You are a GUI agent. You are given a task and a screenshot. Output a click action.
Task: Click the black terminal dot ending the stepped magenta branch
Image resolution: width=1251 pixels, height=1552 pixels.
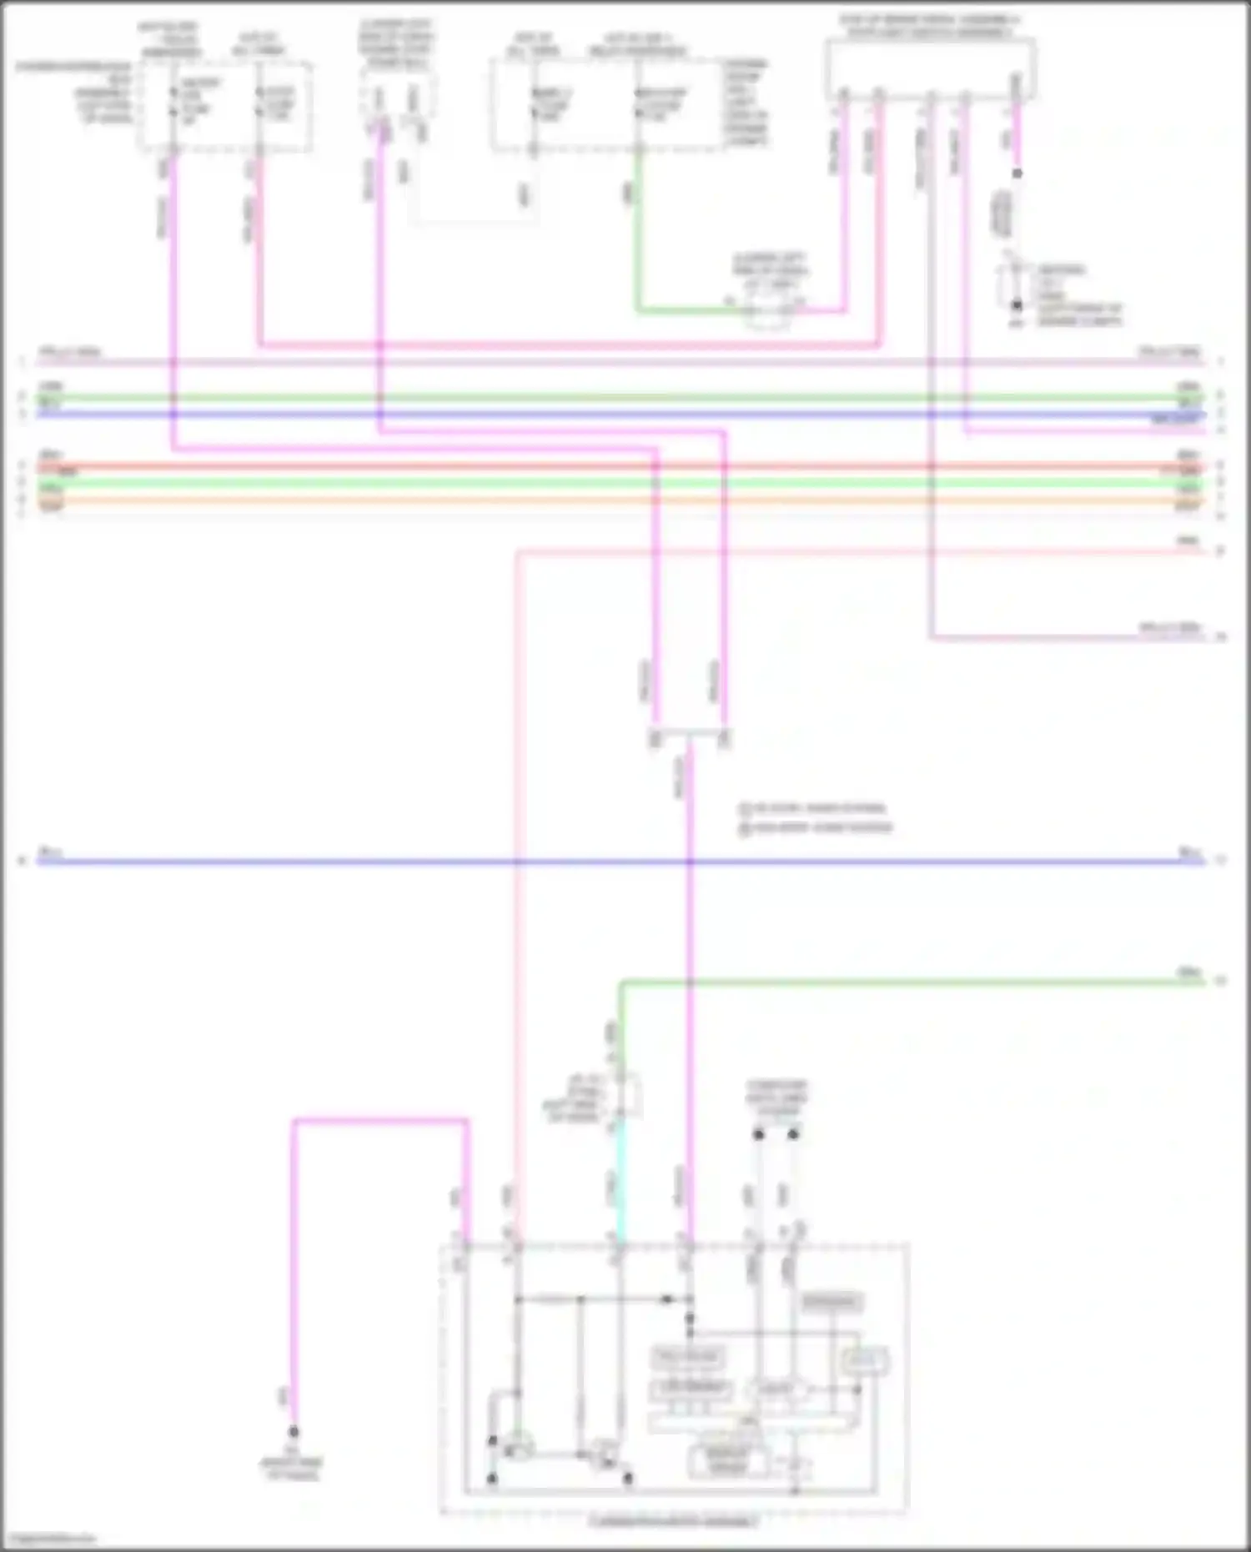pos(294,1431)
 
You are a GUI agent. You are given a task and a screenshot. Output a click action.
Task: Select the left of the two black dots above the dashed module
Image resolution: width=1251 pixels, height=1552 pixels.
pos(758,1134)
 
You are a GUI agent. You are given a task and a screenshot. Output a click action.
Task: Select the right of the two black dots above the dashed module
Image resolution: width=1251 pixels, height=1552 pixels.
pos(793,1134)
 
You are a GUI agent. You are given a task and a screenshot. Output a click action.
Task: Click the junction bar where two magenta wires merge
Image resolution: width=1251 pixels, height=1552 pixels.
pos(689,735)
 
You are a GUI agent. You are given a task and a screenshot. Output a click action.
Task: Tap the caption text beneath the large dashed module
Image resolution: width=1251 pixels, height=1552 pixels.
pos(673,1522)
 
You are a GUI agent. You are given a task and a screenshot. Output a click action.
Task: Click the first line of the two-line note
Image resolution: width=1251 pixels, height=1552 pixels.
pos(813,808)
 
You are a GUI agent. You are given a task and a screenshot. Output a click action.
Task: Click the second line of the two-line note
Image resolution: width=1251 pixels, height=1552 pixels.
pos(816,827)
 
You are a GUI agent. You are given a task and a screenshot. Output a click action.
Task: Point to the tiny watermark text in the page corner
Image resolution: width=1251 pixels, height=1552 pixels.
pos(48,1539)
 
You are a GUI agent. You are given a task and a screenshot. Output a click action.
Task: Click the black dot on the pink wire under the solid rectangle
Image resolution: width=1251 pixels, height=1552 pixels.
pos(1017,173)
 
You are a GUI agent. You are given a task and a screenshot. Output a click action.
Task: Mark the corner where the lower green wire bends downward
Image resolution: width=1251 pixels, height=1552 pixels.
pos(621,983)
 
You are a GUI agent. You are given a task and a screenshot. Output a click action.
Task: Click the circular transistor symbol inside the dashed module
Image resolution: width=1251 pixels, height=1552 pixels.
pos(519,1445)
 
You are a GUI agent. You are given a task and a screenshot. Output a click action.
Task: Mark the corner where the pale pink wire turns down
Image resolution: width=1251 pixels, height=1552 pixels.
pos(518,552)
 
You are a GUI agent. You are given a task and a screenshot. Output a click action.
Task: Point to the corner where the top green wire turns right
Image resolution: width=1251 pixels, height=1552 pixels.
pos(639,311)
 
